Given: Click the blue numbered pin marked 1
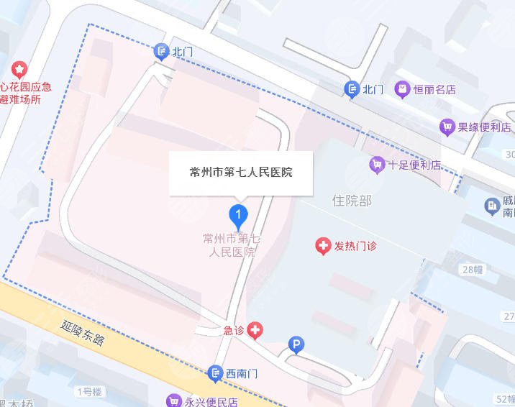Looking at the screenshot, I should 238,214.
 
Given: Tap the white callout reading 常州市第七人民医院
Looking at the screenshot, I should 241,173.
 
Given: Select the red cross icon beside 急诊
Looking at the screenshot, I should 255,331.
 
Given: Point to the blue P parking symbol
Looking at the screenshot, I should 295,346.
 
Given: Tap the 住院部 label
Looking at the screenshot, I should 352,201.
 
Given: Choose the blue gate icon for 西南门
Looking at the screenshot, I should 215,373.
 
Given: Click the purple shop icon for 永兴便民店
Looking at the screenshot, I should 173,401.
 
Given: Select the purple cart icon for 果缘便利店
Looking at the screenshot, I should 447,127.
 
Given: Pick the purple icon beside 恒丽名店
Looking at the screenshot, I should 402,89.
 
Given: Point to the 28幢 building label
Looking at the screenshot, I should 473,270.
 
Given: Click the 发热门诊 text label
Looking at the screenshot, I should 356,247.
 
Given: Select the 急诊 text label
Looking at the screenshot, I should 233,331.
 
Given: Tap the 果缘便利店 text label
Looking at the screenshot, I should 485,127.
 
